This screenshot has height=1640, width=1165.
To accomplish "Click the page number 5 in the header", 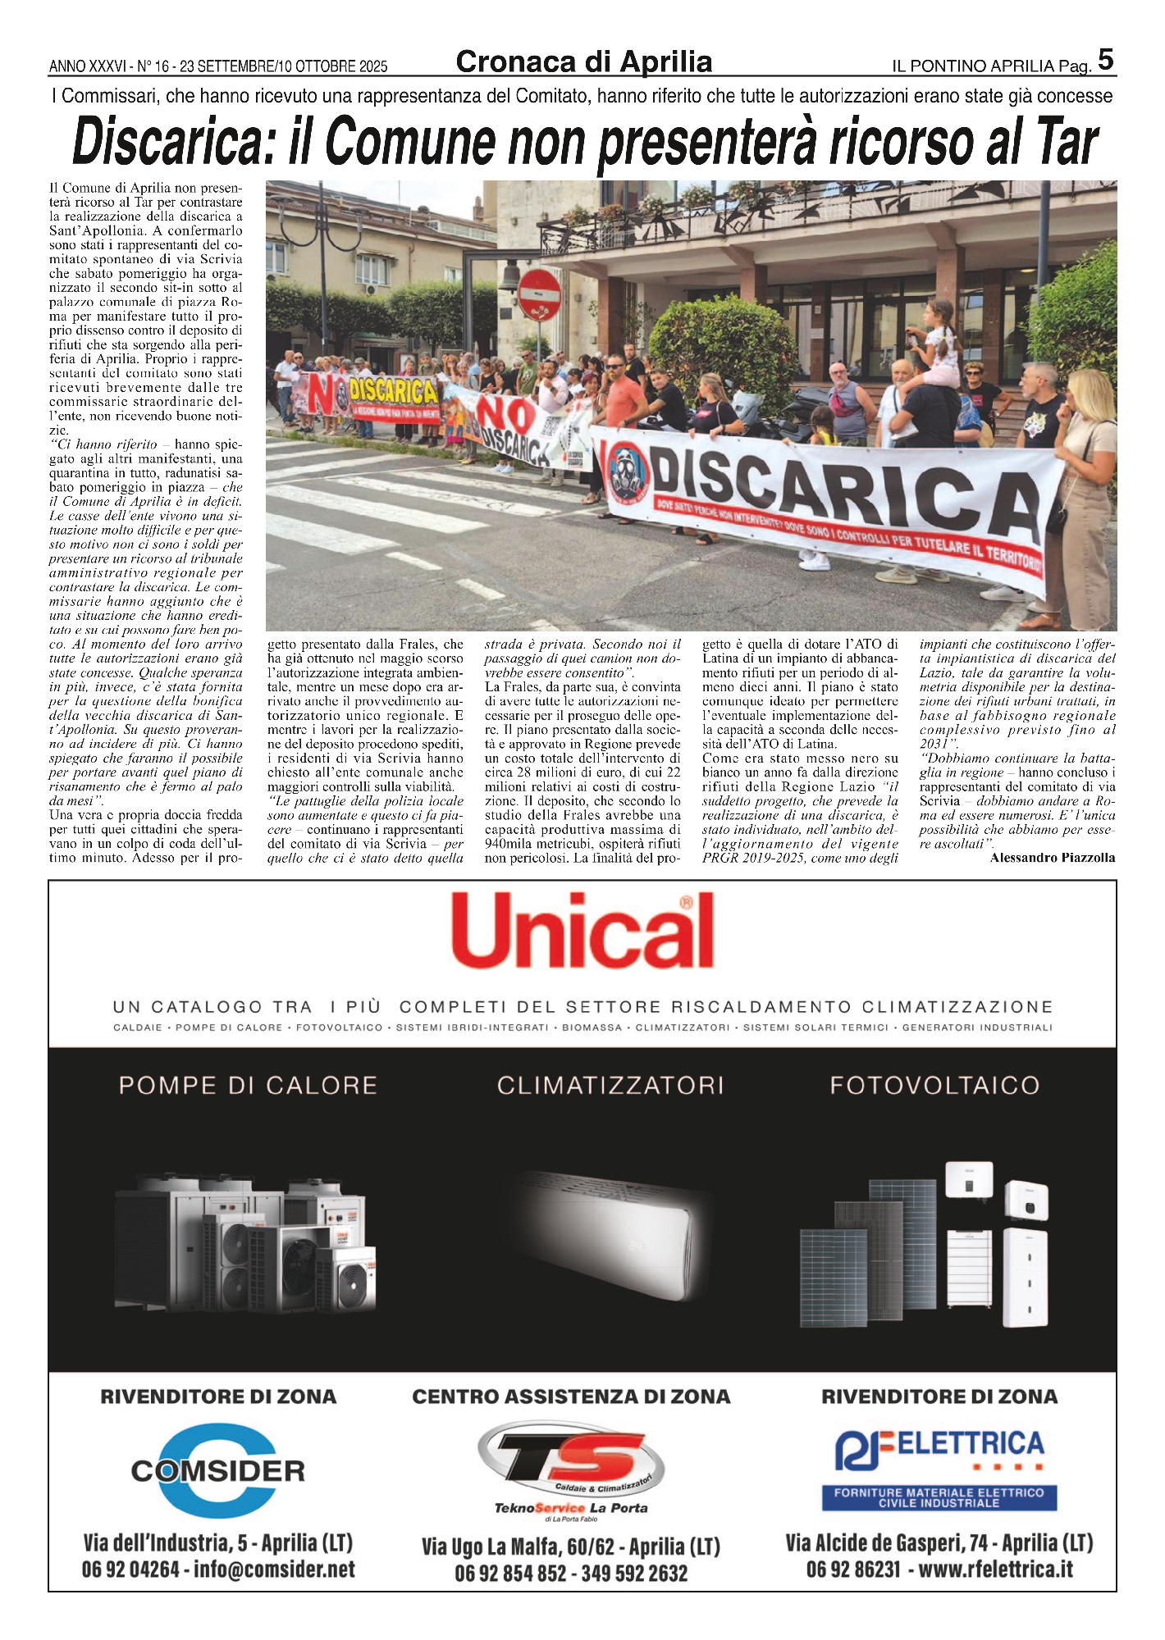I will tap(1105, 60).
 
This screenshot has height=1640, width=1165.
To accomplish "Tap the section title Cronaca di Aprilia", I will tap(583, 62).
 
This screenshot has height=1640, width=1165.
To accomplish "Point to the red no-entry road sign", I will tap(540, 294).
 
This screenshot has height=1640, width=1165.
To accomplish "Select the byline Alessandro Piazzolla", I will tap(1053, 858).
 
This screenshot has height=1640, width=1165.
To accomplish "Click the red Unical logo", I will tap(582, 931).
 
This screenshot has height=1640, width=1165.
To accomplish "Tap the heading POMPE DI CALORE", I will tap(248, 1086).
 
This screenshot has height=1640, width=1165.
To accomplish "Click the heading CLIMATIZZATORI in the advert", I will tap(610, 1086).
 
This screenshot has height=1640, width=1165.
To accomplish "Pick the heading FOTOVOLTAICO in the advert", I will tap(934, 1086).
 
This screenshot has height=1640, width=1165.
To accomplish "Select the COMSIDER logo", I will tap(217, 1471).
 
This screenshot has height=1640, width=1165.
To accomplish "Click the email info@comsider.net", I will tap(275, 1570).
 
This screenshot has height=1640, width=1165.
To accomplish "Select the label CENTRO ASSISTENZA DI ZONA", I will tap(571, 1396).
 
